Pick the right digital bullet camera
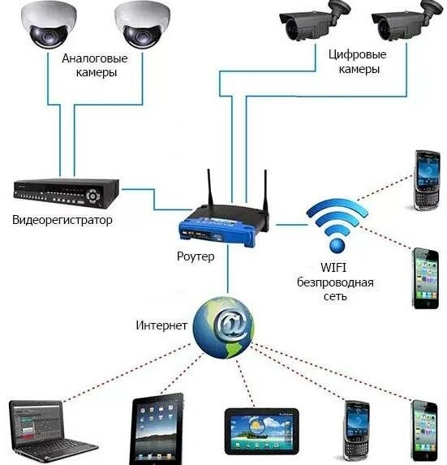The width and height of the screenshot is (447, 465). (x=406, y=20)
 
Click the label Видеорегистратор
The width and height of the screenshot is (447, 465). (x=62, y=220)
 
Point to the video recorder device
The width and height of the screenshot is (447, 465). (x=67, y=193)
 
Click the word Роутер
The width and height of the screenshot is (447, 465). (x=196, y=256)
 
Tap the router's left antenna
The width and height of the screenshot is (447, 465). (x=210, y=187)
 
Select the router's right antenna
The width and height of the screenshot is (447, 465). (x=266, y=191)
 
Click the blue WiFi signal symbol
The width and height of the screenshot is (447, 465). (x=337, y=226)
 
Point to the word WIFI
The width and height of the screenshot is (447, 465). (x=333, y=268)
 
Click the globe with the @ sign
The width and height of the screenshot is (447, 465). (x=224, y=327)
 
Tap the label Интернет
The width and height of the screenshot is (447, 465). (x=161, y=325)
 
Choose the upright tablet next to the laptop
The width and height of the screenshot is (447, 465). (x=157, y=428)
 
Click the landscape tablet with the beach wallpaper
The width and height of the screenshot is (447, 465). (x=262, y=432)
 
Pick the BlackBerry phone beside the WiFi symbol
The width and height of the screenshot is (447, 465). (x=428, y=180)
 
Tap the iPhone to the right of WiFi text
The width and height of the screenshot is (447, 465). (x=426, y=278)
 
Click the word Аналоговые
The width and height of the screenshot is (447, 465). (x=95, y=58)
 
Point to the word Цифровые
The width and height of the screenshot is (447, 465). (x=357, y=54)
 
